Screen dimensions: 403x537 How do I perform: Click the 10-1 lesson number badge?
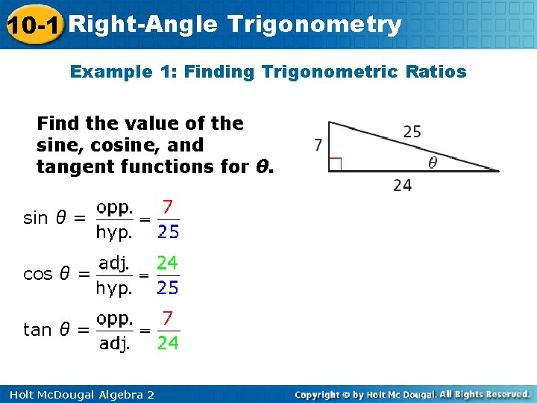click(33, 25)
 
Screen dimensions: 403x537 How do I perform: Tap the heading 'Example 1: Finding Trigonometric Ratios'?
click(268, 72)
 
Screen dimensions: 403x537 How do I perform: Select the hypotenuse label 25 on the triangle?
click(412, 132)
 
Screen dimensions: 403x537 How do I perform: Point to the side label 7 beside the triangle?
click(318, 145)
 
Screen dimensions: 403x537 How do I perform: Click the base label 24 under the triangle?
click(402, 186)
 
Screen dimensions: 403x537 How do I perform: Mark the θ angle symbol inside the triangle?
click(433, 162)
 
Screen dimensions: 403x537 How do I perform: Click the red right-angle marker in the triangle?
click(335, 164)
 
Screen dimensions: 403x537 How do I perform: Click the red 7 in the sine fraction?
click(169, 206)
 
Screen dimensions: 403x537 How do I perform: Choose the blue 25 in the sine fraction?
click(168, 232)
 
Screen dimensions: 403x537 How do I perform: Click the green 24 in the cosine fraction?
click(167, 263)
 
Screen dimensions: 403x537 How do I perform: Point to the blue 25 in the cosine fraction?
click(168, 287)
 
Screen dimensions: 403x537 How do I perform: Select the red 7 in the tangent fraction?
click(169, 319)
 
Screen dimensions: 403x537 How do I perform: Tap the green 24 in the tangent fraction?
click(168, 343)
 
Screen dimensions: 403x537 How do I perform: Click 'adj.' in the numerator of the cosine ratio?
click(114, 263)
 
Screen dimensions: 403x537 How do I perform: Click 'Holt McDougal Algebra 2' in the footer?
click(78, 394)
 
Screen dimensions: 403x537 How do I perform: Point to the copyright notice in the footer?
click(412, 394)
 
